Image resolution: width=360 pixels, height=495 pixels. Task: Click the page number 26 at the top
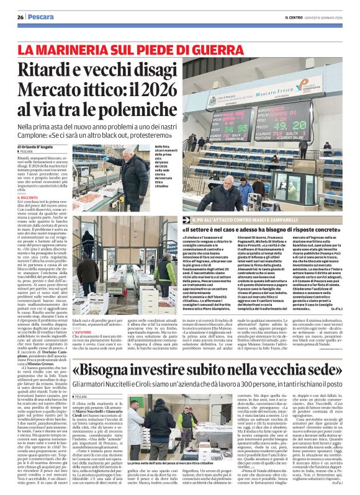(x=20, y=17)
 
